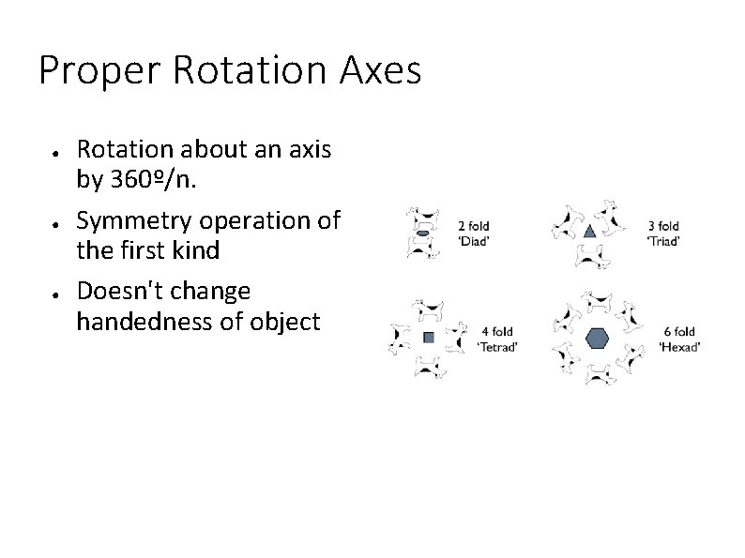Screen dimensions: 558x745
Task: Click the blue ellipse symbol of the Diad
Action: [x=423, y=232]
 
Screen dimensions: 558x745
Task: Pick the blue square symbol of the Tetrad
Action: [x=428, y=337]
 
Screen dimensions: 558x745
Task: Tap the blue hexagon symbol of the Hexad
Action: [x=597, y=339]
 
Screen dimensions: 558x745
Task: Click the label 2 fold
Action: [x=473, y=225]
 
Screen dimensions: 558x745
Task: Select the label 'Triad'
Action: [x=663, y=241]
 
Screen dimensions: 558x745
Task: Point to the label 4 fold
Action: [x=497, y=331]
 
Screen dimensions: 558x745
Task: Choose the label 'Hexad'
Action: [x=679, y=347]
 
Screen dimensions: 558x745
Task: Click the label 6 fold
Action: [x=679, y=331]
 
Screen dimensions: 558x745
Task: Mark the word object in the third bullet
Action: [x=290, y=322]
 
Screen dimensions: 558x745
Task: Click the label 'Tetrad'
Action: [x=498, y=346]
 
